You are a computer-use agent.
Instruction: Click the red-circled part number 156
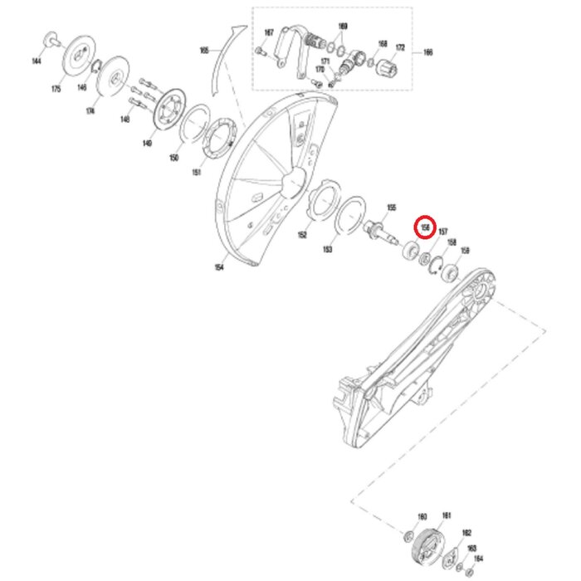tap(425, 226)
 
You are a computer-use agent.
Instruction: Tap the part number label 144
tap(37, 61)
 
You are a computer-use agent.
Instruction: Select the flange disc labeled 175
tap(79, 56)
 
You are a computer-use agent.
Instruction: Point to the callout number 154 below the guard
tap(219, 267)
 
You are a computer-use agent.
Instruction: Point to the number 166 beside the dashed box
tap(428, 52)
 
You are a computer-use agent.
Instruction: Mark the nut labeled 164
tap(471, 574)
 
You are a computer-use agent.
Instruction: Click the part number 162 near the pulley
tap(466, 533)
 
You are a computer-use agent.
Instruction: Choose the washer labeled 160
tap(411, 535)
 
